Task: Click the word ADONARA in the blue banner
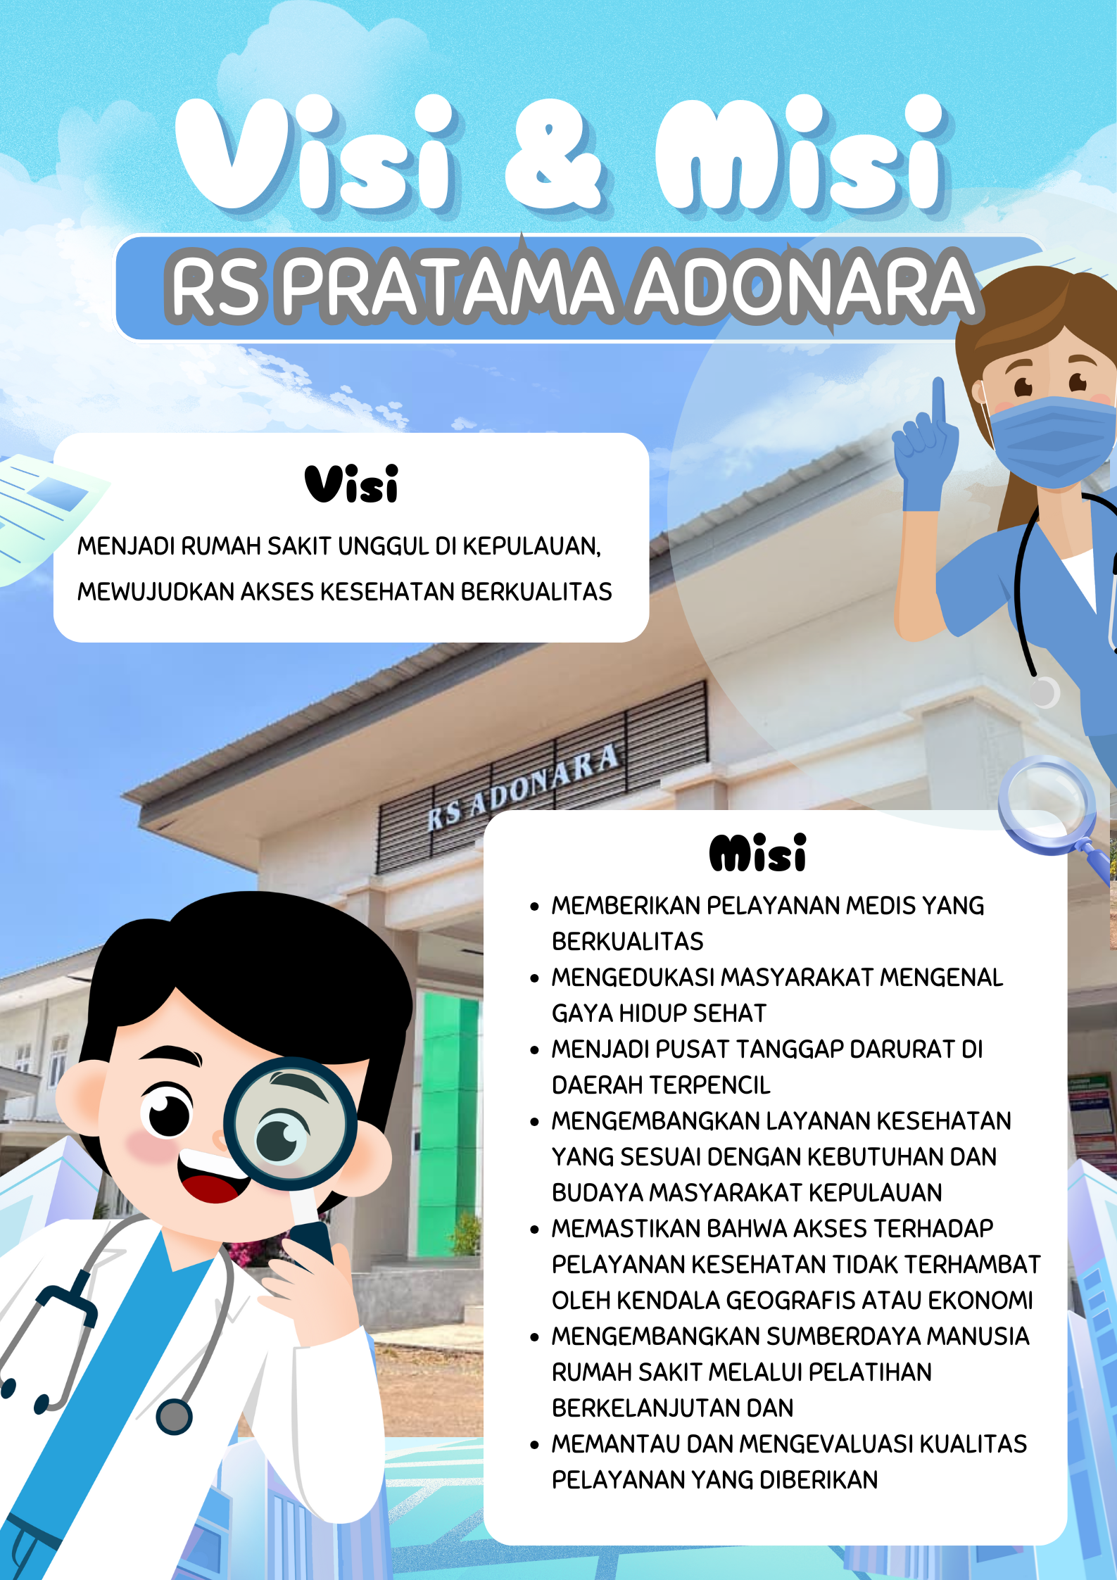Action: [x=804, y=286]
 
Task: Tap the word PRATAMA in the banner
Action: [x=448, y=286]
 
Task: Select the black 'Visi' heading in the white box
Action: [x=352, y=484]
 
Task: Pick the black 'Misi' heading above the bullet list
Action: [x=757, y=853]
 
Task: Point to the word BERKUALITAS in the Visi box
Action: [x=536, y=592]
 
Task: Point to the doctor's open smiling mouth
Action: [x=212, y=1177]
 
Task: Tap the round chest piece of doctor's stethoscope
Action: [x=174, y=1416]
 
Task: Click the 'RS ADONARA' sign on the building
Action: [x=524, y=788]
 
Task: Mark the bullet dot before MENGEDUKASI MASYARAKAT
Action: [x=535, y=978]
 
